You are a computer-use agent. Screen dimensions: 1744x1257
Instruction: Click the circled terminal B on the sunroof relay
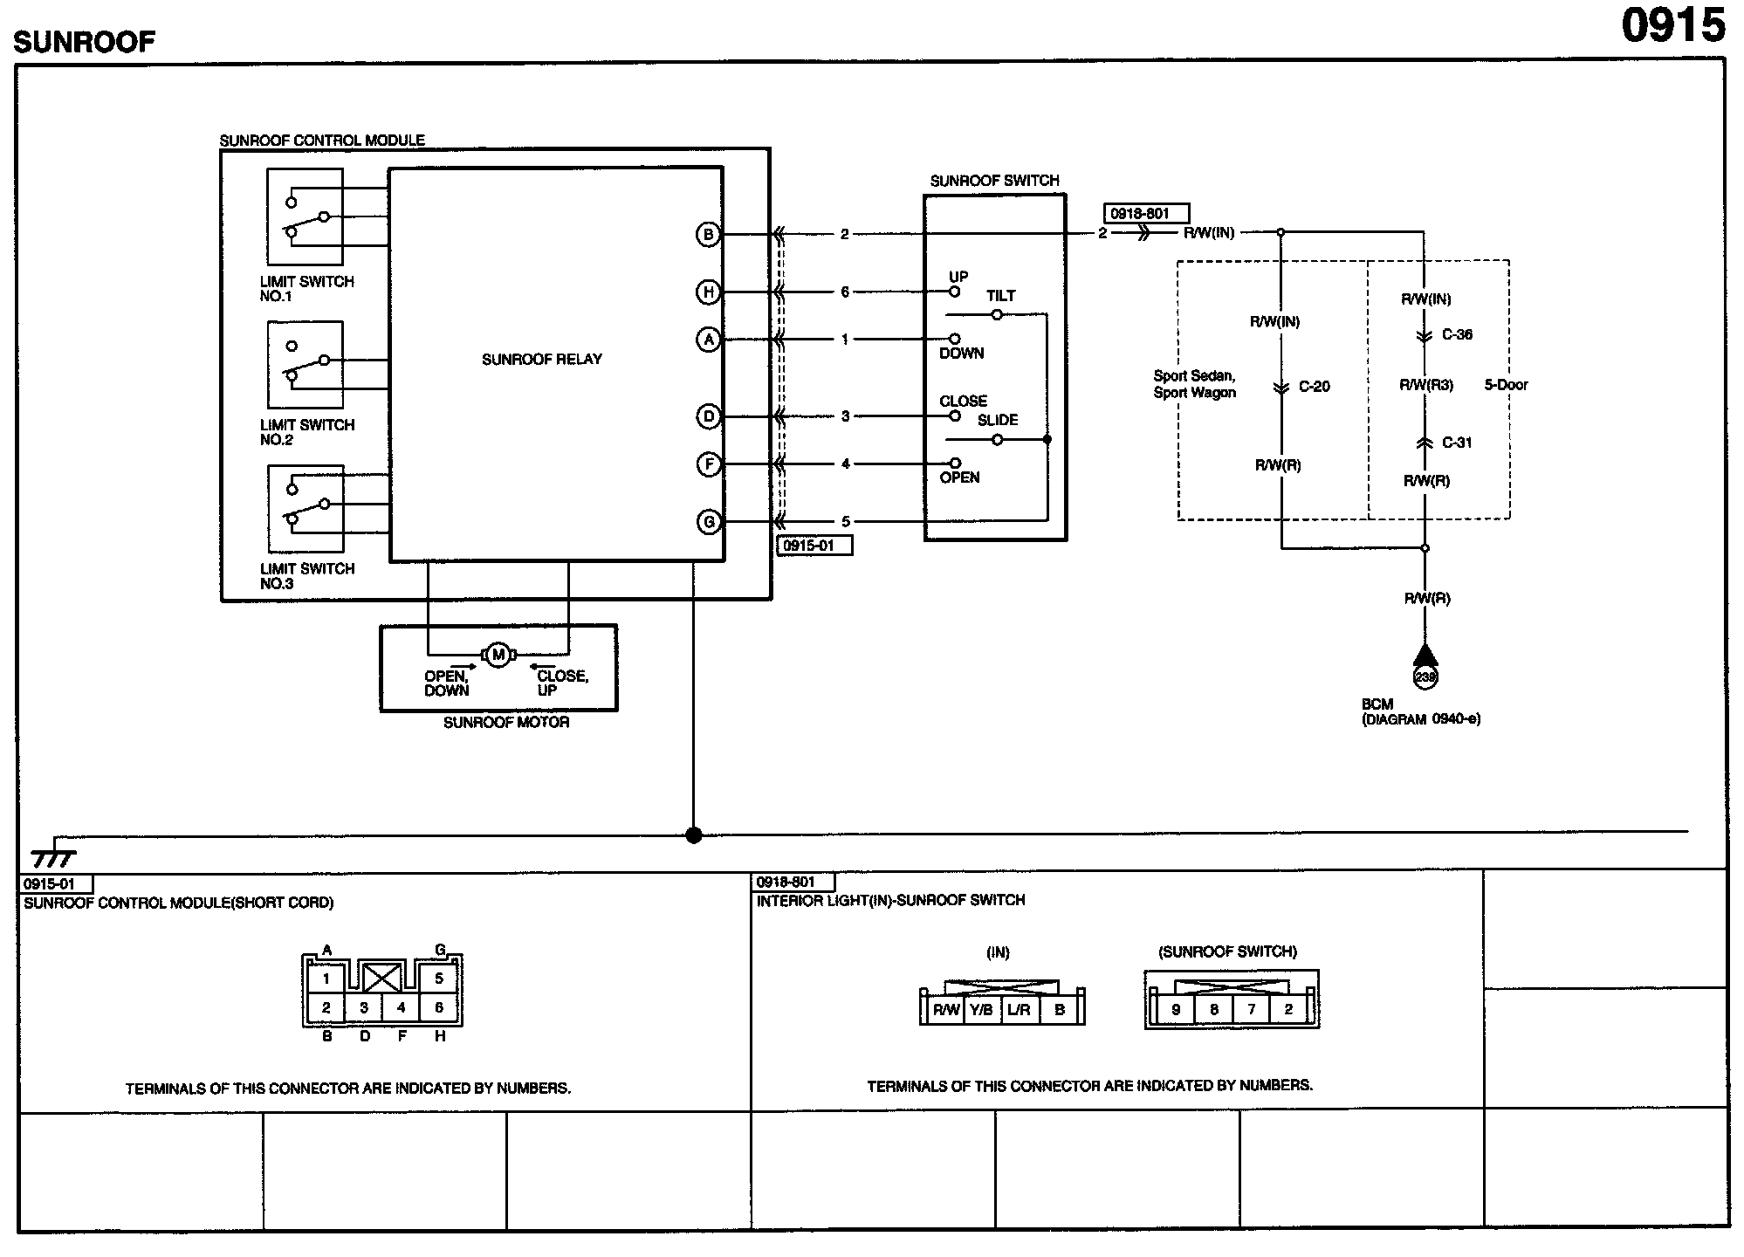708,234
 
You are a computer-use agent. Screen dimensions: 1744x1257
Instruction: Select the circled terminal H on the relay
708,292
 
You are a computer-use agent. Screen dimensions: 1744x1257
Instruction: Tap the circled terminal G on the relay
708,522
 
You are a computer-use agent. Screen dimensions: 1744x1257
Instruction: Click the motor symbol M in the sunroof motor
498,655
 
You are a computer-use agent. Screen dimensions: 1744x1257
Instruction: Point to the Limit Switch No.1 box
305,216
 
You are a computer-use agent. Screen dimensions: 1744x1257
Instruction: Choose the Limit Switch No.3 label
307,576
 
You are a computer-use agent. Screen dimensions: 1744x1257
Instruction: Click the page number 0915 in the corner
1673,25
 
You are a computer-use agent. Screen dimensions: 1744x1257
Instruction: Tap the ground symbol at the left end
53,855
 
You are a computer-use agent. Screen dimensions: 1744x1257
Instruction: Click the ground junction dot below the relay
694,835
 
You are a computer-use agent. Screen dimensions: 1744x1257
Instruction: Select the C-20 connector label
1314,387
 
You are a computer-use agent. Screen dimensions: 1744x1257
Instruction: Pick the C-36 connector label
1457,334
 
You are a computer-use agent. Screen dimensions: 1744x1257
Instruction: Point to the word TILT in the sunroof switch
1001,296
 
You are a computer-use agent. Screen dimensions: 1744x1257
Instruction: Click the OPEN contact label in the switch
959,477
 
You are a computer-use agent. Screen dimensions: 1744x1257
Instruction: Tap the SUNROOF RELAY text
542,359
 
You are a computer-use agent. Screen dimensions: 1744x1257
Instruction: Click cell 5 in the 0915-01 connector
439,979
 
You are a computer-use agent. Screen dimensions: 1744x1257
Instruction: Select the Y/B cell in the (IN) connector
981,1010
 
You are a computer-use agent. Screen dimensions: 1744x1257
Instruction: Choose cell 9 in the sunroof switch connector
1176,1010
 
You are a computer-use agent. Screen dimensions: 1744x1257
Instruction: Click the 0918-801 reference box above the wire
1146,213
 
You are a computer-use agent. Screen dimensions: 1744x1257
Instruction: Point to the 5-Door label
1506,385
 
